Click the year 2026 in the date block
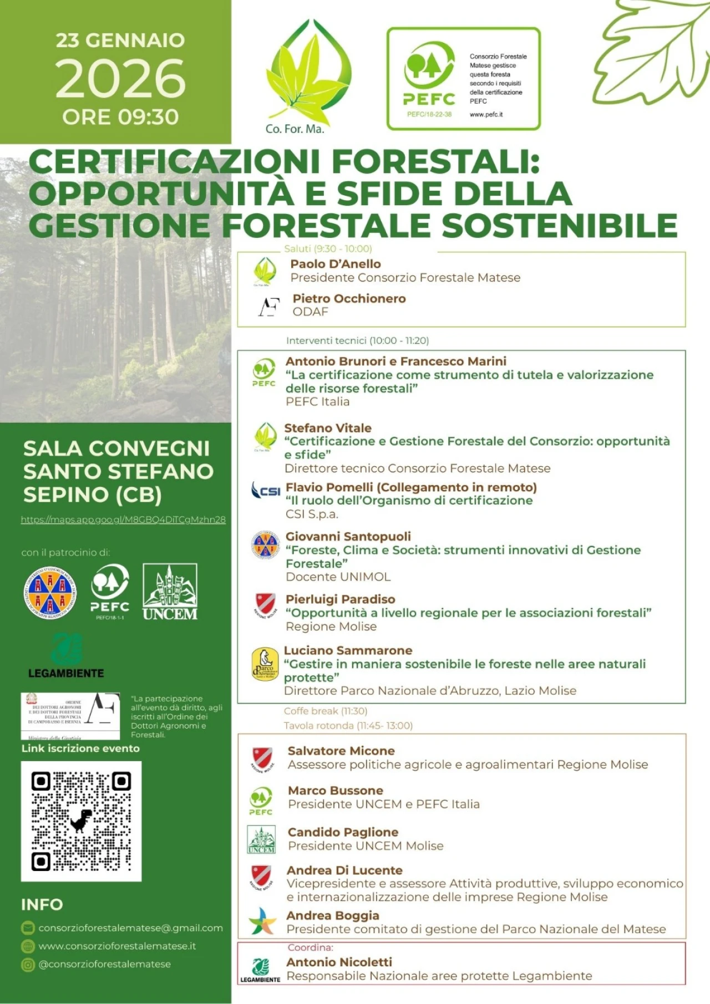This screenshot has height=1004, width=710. click(120, 79)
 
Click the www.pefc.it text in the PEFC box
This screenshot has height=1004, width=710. click(486, 115)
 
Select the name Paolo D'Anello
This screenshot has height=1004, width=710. click(336, 264)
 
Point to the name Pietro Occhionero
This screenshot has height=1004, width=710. click(349, 298)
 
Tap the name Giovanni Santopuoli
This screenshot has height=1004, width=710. click(348, 536)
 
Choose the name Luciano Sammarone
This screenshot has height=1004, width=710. click(348, 650)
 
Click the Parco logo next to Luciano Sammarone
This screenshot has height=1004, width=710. click(265, 664)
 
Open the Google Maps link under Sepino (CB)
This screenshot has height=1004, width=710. click(123, 519)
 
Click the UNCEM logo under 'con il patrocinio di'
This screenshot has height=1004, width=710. click(170, 592)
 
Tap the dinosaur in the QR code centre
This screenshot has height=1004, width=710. click(81, 820)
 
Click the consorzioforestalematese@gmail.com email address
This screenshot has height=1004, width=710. click(130, 927)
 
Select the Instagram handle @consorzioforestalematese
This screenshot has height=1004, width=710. click(104, 964)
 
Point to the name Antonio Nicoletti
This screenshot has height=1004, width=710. click(339, 962)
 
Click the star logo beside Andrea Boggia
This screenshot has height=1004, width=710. click(261, 921)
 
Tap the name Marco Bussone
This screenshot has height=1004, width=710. click(335, 790)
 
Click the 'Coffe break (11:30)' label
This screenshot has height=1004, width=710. click(325, 711)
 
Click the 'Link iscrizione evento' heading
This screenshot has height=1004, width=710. click(80, 748)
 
